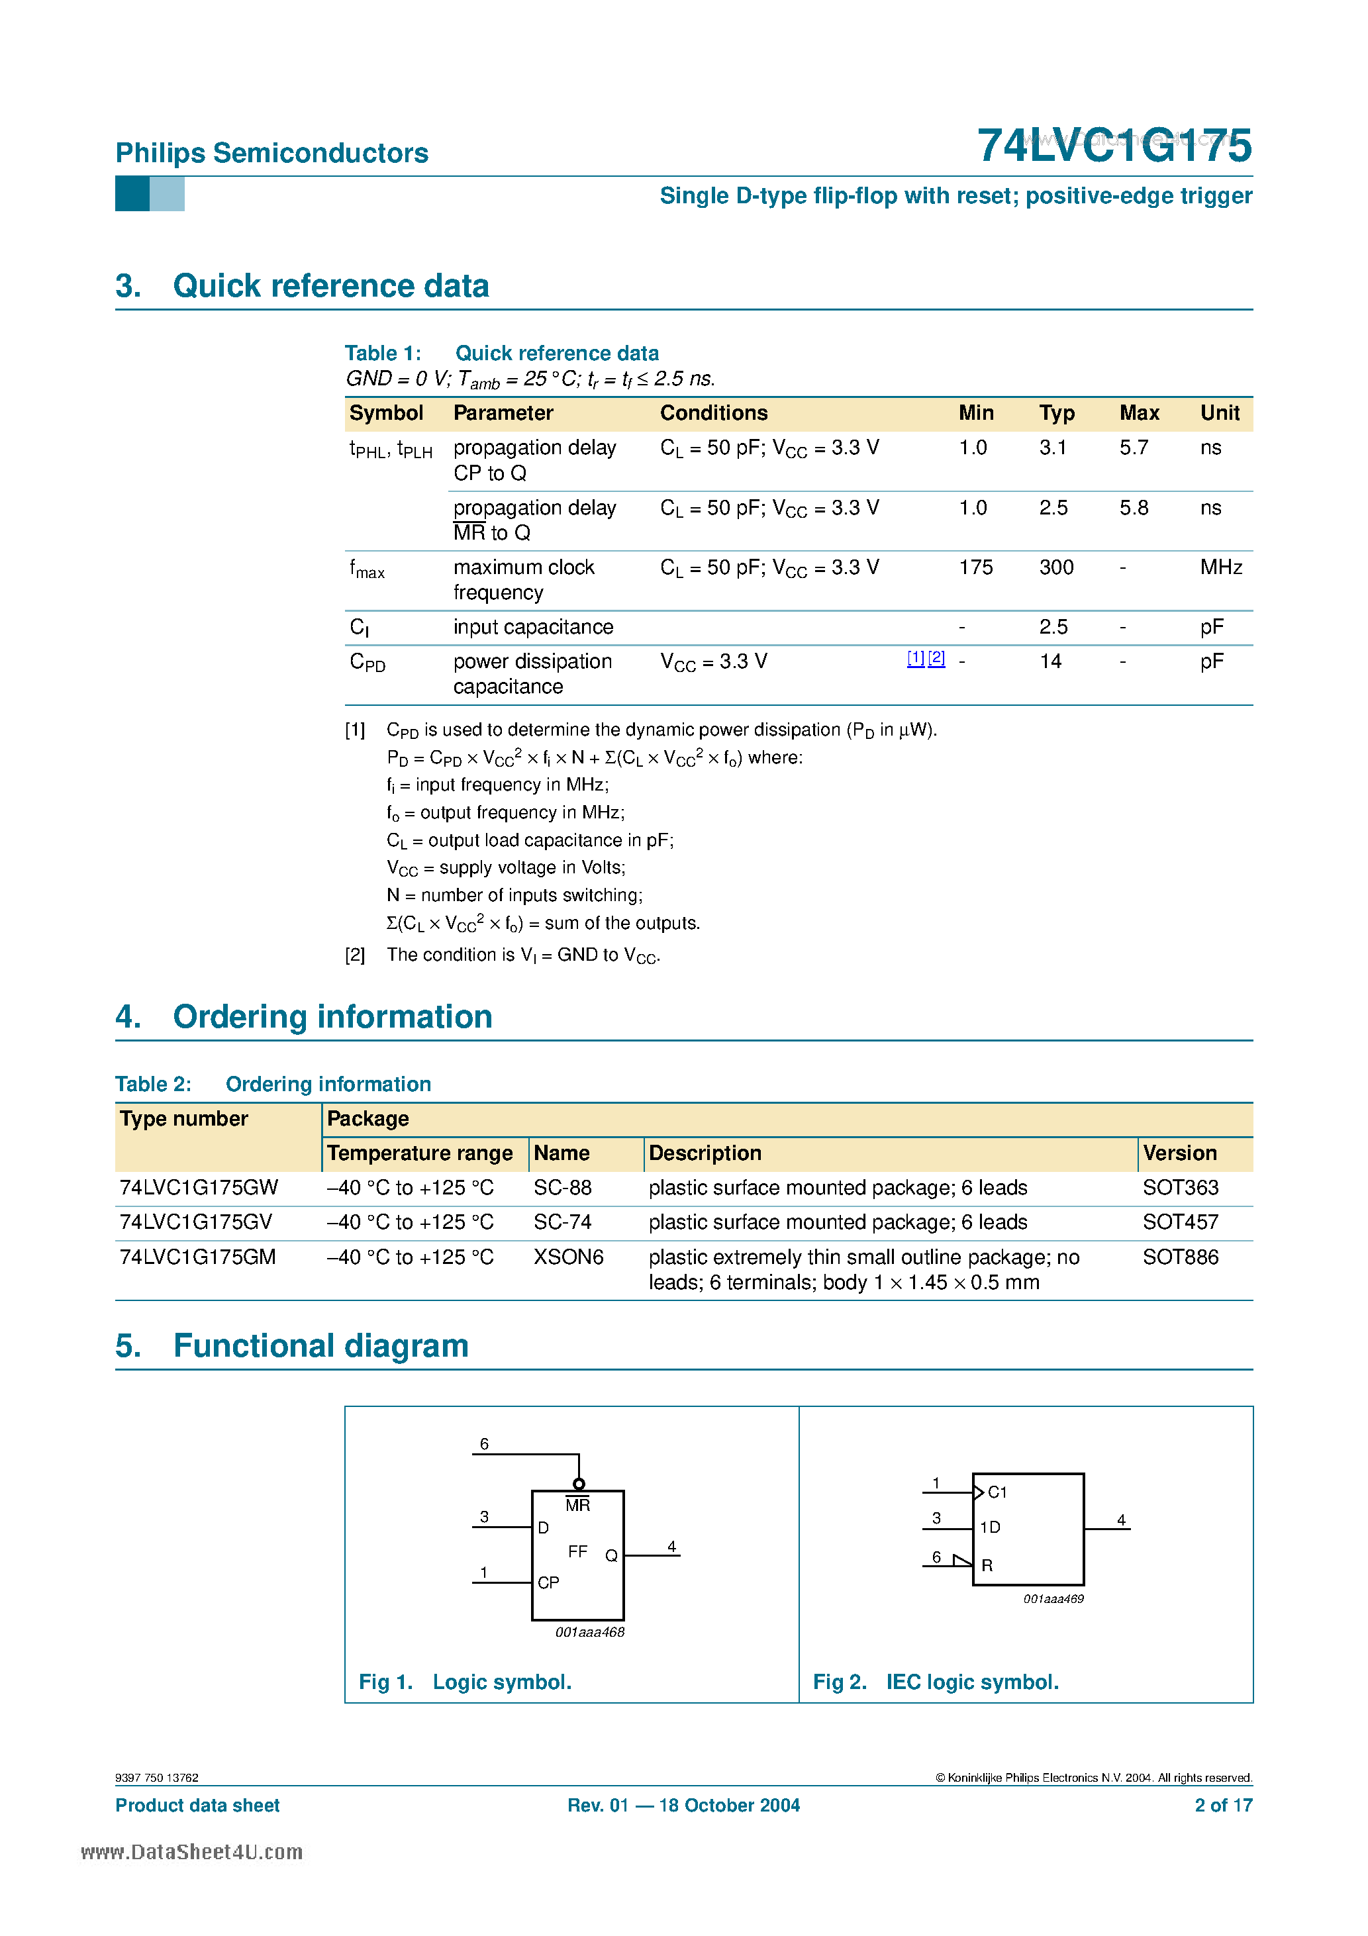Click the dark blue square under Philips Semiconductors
click(x=132, y=194)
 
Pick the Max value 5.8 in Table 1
click(x=1133, y=508)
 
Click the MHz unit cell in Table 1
click(x=1220, y=567)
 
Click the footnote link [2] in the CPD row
click(x=936, y=659)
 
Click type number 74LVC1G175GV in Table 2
click(x=196, y=1222)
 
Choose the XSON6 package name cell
click(x=567, y=1257)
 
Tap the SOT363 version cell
click(x=1179, y=1187)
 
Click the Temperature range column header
click(x=419, y=1153)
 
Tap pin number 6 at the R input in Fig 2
click(x=936, y=1557)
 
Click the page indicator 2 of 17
click(x=1222, y=1806)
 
